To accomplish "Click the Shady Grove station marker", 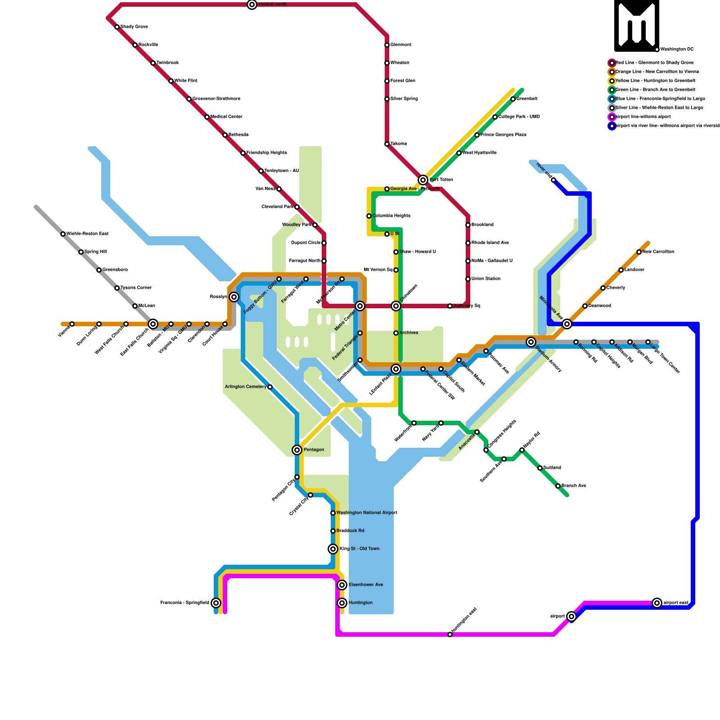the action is click(x=117, y=27).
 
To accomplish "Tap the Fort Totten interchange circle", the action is click(x=423, y=180).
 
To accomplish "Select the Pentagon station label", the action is click(x=314, y=450).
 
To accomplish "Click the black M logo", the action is click(x=637, y=26).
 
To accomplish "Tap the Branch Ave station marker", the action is click(x=558, y=486).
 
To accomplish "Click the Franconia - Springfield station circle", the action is click(x=216, y=603).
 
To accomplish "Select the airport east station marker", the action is click(x=657, y=603).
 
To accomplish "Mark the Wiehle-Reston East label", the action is click(x=87, y=234).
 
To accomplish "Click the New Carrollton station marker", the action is click(x=639, y=252).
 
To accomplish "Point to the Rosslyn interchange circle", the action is click(x=234, y=297).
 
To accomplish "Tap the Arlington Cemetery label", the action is click(x=245, y=387).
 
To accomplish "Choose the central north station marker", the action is click(x=252, y=4).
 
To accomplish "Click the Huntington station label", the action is click(x=360, y=603).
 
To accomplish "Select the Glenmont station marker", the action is click(x=387, y=45).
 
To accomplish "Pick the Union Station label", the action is click(x=486, y=279).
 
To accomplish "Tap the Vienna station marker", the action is click(x=72, y=324).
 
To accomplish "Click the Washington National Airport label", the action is click(x=367, y=513).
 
